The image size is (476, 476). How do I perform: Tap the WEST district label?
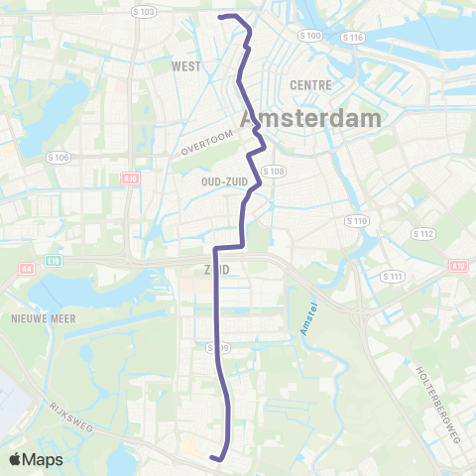186,66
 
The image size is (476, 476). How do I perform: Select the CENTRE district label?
310,85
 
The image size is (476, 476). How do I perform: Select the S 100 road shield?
310,36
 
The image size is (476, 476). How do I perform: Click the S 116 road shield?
354,37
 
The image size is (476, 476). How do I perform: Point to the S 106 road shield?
59,157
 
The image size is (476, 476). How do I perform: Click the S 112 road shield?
423,234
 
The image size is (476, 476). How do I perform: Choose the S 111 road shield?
395,277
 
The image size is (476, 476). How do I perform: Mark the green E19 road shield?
54,260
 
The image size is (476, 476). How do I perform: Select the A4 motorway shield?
26,268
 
